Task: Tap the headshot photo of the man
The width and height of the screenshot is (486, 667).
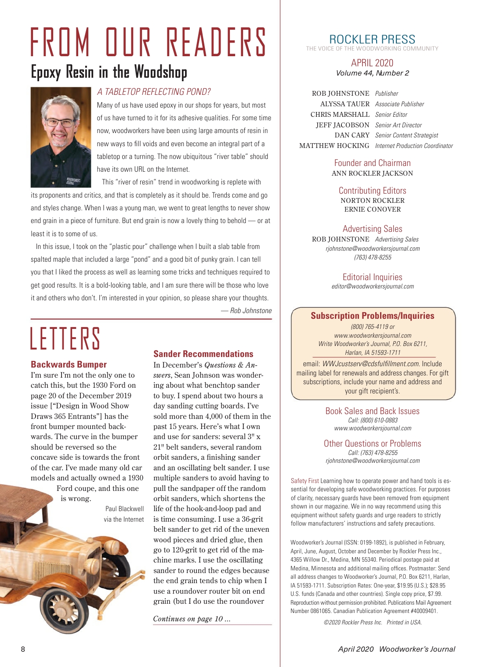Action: coord(60,137)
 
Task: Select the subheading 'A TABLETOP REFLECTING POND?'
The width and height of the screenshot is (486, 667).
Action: coord(154,92)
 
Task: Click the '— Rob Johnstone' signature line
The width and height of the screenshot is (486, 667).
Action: coord(246,310)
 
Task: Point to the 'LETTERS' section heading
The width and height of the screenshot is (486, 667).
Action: coord(65,339)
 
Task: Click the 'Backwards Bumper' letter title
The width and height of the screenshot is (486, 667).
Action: coord(69,364)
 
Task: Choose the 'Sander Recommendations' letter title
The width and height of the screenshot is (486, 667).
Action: coord(203,354)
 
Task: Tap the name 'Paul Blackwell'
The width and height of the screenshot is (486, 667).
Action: coord(124,508)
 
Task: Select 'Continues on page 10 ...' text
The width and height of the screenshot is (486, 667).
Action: coord(192,619)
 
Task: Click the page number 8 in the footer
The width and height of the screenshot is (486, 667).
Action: coord(23,649)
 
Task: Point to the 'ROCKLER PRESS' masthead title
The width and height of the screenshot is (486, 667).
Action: coord(372,39)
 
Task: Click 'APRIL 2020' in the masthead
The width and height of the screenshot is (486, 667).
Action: coord(372,63)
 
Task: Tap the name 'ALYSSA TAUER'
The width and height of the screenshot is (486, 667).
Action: coord(345,104)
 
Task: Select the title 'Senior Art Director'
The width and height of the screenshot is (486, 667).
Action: coord(398,125)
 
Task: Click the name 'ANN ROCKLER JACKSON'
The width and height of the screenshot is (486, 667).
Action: coord(372,173)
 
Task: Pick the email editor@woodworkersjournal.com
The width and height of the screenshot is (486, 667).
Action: coord(373,286)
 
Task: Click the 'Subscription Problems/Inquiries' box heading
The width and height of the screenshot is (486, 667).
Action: coord(372,316)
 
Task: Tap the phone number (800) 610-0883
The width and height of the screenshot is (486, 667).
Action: coord(373,420)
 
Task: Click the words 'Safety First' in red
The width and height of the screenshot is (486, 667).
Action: coord(305,481)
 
